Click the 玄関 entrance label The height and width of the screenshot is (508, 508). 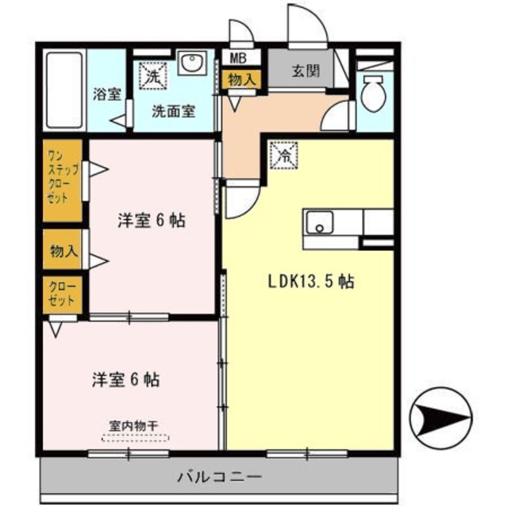point(306,71)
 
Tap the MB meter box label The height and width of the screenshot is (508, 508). point(238,58)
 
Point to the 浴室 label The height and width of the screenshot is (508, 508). point(106,94)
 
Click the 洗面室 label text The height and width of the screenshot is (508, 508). point(174,111)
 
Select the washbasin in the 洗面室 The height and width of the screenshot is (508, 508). point(191,64)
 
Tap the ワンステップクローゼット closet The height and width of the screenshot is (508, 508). point(62,181)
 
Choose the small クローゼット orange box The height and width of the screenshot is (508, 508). point(61,294)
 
